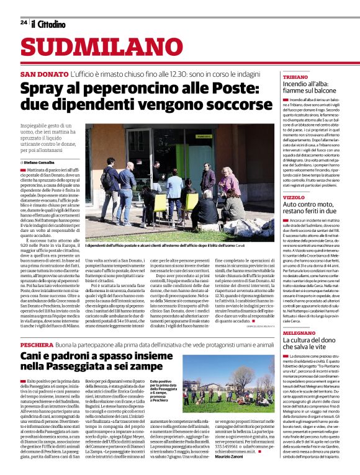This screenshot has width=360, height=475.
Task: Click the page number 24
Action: (23, 22)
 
